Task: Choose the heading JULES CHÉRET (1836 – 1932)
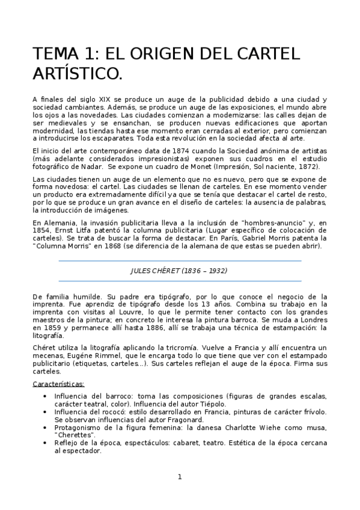tap(179, 271)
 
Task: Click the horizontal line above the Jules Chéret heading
tap(179, 260)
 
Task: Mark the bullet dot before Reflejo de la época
tap(47, 443)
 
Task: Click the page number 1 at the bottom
tap(179, 478)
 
